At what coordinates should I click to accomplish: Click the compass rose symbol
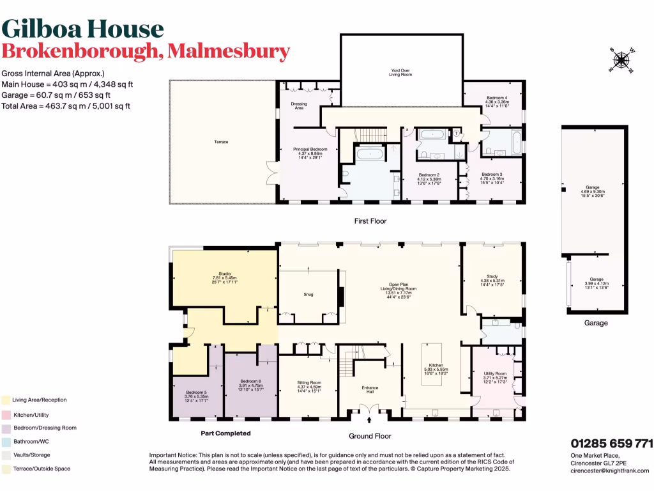click(620, 61)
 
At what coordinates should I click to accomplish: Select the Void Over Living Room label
click(400, 73)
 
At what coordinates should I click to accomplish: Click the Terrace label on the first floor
click(221, 141)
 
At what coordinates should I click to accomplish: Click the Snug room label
click(307, 295)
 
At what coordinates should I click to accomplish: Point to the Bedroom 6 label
click(251, 383)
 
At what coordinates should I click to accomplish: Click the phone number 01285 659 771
click(611, 443)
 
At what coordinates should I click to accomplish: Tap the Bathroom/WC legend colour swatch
click(6, 441)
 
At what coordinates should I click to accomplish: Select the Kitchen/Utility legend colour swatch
click(6, 414)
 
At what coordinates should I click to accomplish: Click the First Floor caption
click(370, 221)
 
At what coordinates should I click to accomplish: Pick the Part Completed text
click(225, 433)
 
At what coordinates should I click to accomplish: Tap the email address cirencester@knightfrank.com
click(609, 470)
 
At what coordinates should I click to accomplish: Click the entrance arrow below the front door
click(370, 421)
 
